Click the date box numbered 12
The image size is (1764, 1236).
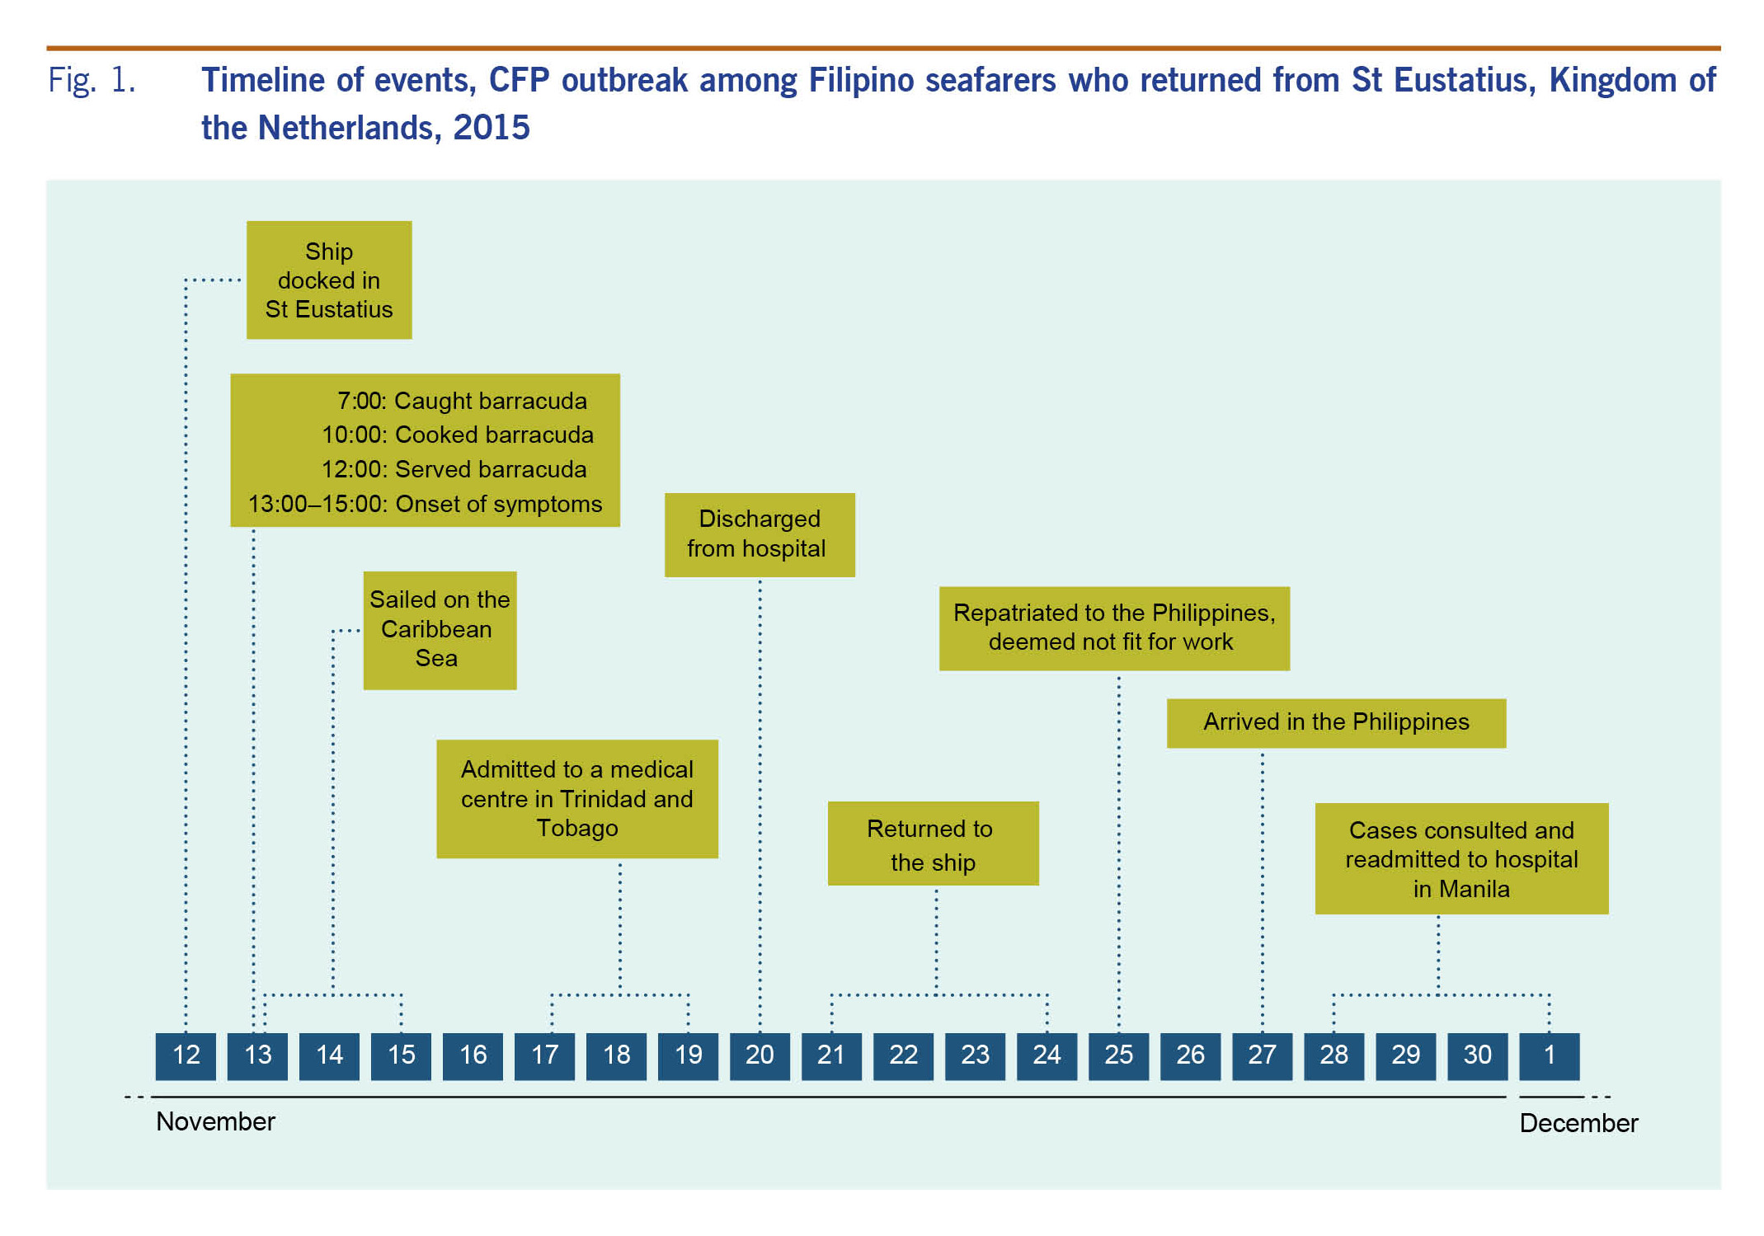click(186, 1055)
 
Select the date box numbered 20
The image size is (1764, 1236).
click(760, 1055)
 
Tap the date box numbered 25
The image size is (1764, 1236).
click(1118, 1055)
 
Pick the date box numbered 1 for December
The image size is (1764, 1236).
click(1549, 1055)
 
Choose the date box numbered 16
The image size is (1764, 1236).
click(473, 1055)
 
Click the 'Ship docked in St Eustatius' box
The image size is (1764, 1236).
click(329, 280)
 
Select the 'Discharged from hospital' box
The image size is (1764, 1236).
click(760, 534)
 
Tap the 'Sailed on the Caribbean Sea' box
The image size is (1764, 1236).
click(440, 629)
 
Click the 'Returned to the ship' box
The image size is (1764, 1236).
click(933, 843)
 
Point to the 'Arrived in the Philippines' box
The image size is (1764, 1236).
click(1336, 722)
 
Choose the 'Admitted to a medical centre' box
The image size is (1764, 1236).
click(576, 798)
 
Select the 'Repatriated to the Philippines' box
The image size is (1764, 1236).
click(1114, 627)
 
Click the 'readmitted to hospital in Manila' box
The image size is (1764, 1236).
click(1461, 858)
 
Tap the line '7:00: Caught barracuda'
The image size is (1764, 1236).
click(462, 402)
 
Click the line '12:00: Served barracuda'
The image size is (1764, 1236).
click(454, 469)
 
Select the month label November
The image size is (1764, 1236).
click(215, 1121)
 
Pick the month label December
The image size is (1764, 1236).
click(1578, 1123)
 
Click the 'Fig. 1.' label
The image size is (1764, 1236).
click(92, 81)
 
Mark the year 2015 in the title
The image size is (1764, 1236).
click(492, 128)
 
